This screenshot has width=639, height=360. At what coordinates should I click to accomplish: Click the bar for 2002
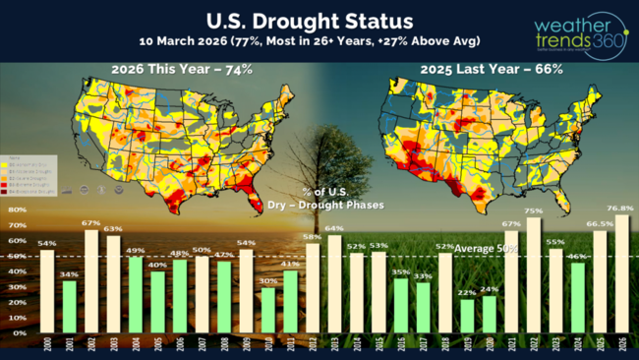(90, 281)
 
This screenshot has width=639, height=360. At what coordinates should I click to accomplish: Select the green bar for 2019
(467, 316)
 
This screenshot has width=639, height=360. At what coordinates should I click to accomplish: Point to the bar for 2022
(534, 275)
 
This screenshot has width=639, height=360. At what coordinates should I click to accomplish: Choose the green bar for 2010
(268, 310)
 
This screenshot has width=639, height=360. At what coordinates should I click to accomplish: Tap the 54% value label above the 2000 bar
(46, 243)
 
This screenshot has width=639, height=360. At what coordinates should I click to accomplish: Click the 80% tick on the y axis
(18, 210)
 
